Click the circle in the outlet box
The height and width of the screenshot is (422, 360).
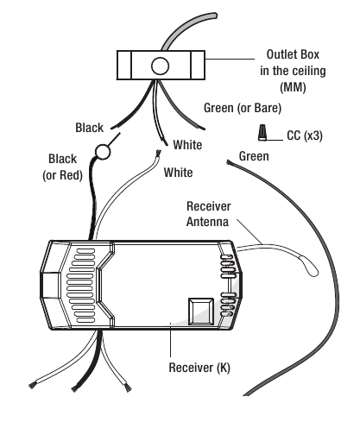(160, 66)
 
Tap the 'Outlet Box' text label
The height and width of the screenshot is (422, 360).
(293, 54)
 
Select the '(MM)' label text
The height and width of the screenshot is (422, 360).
(293, 87)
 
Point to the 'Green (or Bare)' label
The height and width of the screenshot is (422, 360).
(243, 108)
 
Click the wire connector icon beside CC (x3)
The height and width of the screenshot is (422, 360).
(262, 133)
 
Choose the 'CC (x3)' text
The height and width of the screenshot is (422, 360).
(305, 135)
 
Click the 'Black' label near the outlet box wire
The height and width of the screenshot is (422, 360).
(89, 128)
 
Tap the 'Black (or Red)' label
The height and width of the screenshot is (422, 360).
(62, 167)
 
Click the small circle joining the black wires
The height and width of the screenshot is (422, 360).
(103, 152)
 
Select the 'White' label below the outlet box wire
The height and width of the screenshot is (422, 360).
(187, 145)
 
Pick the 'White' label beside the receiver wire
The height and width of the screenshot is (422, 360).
(178, 173)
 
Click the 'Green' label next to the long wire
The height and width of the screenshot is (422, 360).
(254, 156)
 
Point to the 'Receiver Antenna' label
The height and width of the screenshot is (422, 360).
(208, 214)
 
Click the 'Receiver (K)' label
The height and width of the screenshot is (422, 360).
(199, 368)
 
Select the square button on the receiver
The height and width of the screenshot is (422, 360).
(201, 312)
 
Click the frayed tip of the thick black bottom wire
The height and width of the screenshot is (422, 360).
(75, 388)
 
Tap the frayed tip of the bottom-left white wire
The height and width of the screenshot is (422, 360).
(32, 385)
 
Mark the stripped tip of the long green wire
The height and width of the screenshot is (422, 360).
(229, 162)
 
